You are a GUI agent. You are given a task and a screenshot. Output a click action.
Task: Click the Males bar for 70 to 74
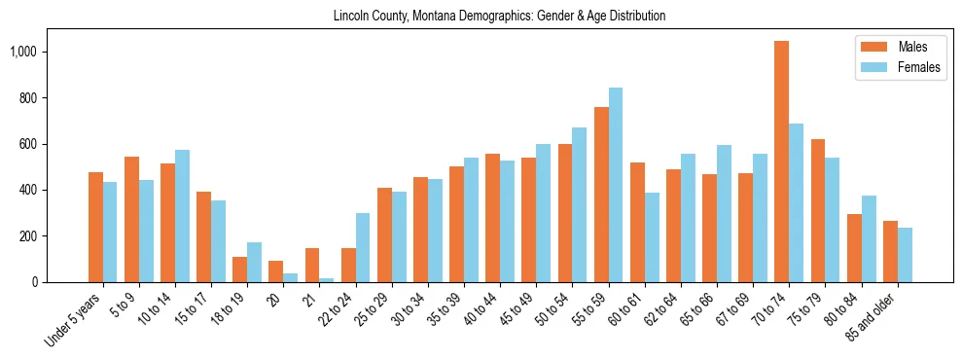[x=781, y=162]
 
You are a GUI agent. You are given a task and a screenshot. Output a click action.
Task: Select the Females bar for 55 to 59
[x=616, y=185]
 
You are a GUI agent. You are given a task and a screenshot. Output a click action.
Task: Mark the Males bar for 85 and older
[x=890, y=251]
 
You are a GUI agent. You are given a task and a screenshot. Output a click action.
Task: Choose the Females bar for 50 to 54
[x=580, y=204]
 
